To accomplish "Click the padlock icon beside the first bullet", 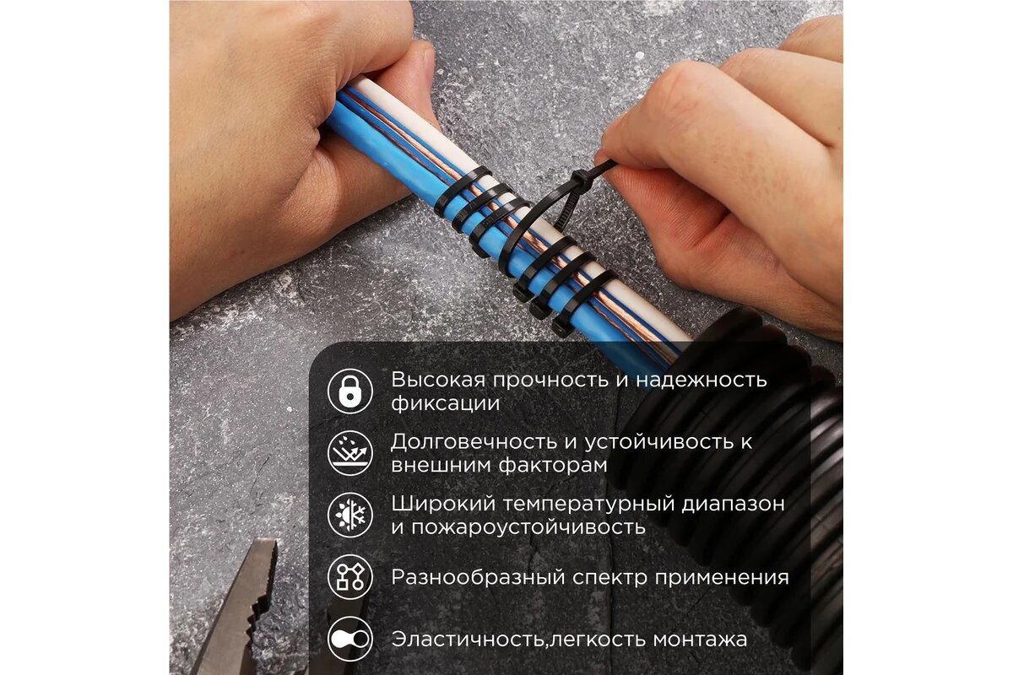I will coord(350,391).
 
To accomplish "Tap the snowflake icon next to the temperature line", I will coord(350,515).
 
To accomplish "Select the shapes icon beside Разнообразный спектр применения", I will coord(350,577).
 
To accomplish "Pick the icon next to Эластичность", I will coord(350,639).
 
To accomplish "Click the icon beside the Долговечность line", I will coord(350,452).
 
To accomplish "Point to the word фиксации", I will coord(445,403).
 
